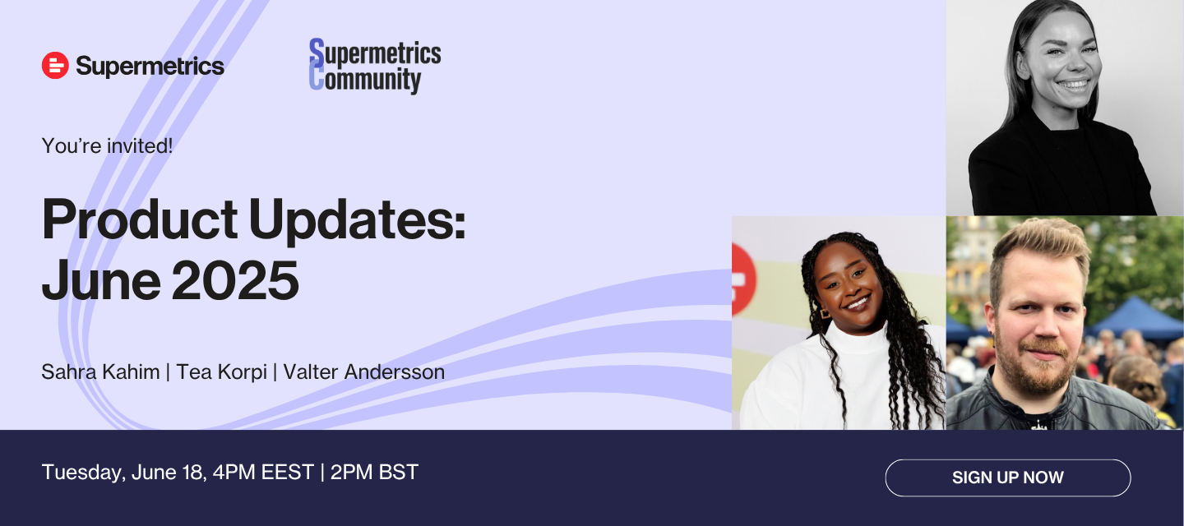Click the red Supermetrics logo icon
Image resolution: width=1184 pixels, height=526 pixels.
[55, 66]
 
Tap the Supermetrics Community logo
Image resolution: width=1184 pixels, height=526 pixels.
[375, 66]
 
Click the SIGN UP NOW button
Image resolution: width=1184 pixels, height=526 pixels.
[1008, 478]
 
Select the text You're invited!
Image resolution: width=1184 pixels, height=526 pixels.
[107, 146]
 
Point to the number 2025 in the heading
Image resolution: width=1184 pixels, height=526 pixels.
[235, 280]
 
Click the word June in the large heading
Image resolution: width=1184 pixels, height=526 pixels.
[101, 280]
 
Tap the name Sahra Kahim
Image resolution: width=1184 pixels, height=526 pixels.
[100, 371]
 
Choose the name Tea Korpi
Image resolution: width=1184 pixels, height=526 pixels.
[221, 372]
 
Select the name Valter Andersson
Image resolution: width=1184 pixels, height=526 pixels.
[364, 371]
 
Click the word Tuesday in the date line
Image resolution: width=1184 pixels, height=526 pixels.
[84, 473]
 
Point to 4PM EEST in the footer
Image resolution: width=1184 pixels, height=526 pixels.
[263, 472]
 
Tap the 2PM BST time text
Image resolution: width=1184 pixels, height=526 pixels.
[374, 472]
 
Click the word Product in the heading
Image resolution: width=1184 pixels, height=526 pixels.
[140, 220]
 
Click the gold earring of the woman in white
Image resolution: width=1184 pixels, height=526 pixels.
[825, 313]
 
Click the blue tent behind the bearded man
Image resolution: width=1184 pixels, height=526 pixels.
[1136, 318]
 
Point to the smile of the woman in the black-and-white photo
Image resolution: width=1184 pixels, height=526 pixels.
[1073, 85]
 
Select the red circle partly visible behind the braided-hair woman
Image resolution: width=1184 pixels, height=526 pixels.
[743, 279]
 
